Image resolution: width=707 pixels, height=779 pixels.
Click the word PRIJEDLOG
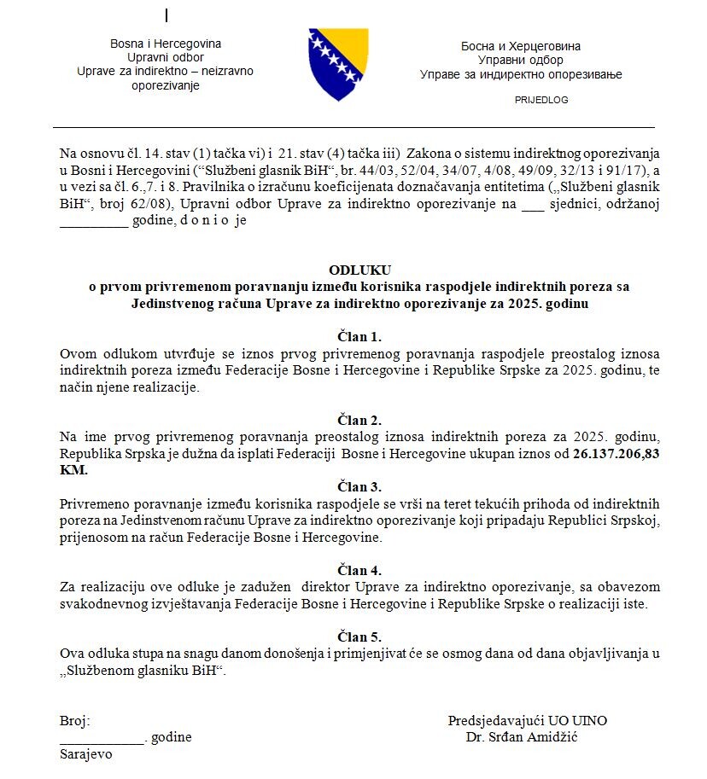click(541, 100)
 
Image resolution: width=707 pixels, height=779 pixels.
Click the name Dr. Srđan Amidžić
click(522, 737)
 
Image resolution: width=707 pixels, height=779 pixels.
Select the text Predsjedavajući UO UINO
click(528, 721)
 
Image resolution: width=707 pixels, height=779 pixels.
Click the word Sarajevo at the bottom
click(85, 755)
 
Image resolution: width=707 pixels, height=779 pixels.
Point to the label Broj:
click(75, 721)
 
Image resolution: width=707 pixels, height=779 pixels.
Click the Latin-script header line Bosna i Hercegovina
click(166, 44)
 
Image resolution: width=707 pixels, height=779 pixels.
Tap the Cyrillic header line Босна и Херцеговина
click(521, 46)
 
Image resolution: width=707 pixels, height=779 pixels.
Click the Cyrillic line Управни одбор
click(521, 61)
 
